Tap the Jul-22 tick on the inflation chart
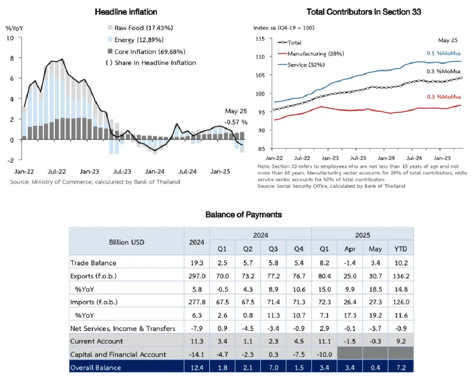click(57, 171)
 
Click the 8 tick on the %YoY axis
click(12, 58)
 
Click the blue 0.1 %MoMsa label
click(444, 53)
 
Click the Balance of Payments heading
click(243, 215)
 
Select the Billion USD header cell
click(126, 242)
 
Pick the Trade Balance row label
click(93, 263)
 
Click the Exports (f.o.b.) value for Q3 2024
click(273, 276)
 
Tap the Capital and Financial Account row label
click(118, 354)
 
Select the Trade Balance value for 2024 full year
click(197, 263)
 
